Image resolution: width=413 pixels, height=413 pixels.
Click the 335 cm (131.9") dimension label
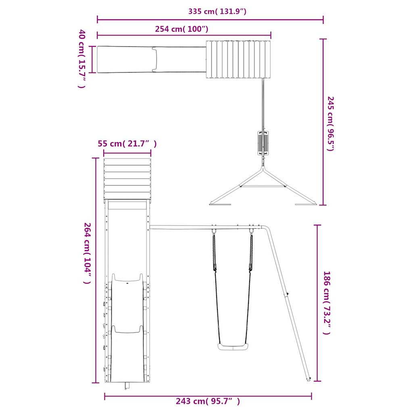[217, 11]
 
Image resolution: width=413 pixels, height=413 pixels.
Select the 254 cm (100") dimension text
[182, 29]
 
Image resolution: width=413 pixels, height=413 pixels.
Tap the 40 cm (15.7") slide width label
[82, 59]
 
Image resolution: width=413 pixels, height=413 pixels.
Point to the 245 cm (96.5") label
[331, 123]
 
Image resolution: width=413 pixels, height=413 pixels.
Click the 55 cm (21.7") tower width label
[127, 144]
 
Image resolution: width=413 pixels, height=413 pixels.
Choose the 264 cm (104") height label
[88, 253]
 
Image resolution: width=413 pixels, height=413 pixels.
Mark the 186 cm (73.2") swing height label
[327, 302]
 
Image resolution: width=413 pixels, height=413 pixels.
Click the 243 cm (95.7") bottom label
[208, 401]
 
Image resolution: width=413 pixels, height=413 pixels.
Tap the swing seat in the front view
[233, 347]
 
